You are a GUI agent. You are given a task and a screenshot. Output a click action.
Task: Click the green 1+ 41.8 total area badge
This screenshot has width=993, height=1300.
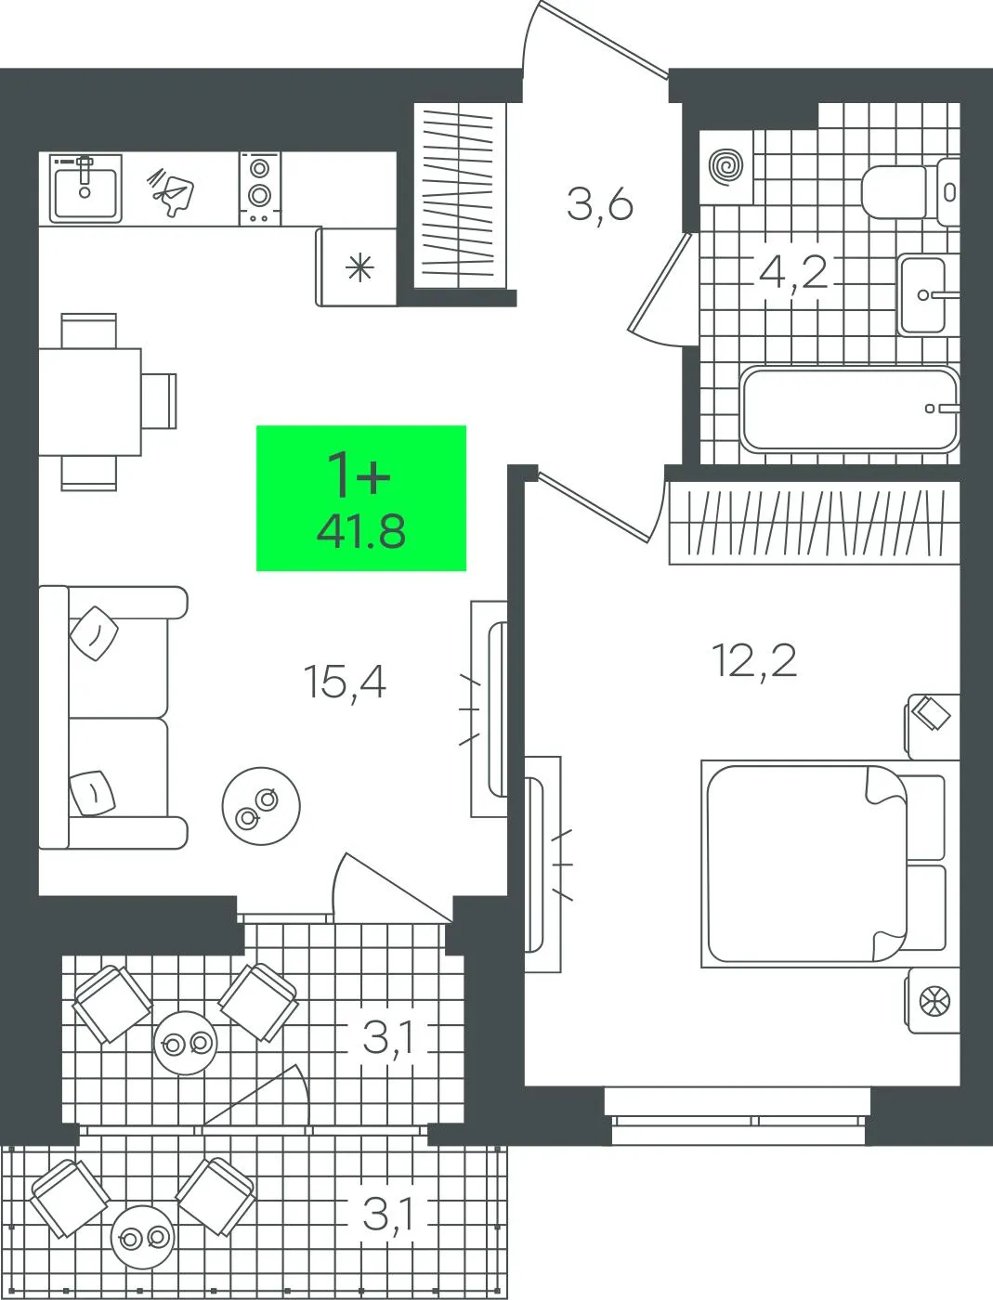(360, 498)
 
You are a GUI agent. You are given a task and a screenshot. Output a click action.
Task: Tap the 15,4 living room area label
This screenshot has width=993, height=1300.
(345, 682)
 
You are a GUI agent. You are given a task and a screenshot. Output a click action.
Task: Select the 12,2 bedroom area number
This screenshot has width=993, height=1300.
(754, 660)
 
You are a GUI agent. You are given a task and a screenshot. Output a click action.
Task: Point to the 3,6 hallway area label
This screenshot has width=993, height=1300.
(599, 204)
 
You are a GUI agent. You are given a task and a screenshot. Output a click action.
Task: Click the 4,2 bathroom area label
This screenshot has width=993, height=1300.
(793, 273)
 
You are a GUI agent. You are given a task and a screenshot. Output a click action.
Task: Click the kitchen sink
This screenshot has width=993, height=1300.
(85, 188)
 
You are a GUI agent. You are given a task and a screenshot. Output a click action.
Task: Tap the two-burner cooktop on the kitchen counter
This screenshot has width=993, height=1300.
(260, 188)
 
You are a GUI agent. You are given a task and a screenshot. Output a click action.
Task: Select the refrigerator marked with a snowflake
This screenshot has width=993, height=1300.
(356, 266)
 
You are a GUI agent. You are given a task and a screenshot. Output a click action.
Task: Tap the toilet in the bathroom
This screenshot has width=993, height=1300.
(909, 191)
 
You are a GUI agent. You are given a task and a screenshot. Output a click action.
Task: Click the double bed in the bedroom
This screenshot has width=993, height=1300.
(824, 864)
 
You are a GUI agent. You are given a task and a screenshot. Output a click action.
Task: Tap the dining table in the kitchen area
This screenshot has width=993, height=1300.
(90, 401)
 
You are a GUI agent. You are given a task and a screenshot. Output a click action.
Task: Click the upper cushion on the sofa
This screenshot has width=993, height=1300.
(94, 633)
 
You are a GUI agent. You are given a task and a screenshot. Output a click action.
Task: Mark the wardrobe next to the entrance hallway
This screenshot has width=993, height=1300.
(460, 196)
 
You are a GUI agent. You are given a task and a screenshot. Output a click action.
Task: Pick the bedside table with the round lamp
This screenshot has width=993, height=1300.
(932, 1001)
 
